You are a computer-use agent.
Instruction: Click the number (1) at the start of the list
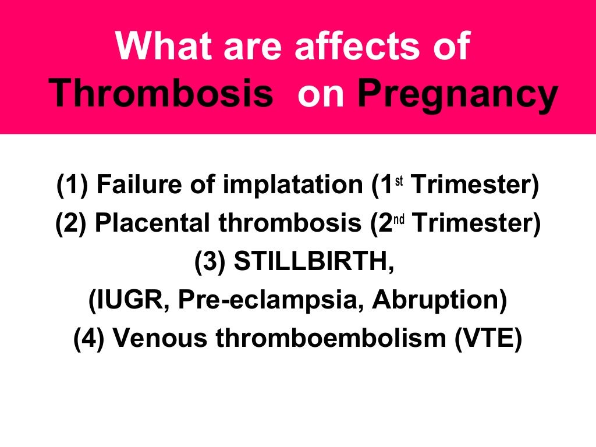point(73,186)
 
